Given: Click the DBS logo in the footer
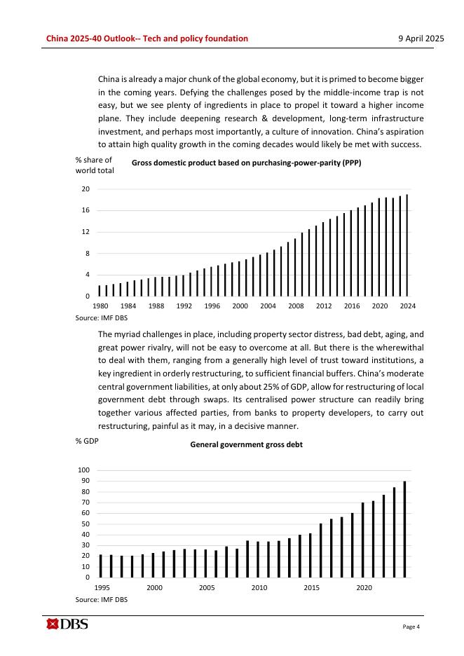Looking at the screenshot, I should click(x=67, y=624).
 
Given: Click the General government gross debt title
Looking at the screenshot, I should click(x=246, y=444).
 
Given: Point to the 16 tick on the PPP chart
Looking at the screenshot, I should click(x=85, y=210).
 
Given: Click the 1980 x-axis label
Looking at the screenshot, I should click(x=100, y=306).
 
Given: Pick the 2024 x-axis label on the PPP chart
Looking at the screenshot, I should click(x=407, y=306).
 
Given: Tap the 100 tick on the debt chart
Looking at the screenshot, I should click(x=84, y=470).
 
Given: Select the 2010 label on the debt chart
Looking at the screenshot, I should click(x=259, y=587).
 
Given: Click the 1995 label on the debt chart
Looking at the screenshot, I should click(x=101, y=587).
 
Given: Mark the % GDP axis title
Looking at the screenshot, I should click(x=86, y=441).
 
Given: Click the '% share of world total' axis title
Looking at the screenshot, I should click(x=94, y=165).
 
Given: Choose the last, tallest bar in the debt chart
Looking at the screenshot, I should click(x=405, y=529).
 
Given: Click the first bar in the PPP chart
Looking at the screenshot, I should click(x=100, y=290).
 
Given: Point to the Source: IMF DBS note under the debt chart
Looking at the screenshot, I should click(x=101, y=600).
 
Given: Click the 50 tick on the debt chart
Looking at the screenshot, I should click(x=86, y=524).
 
